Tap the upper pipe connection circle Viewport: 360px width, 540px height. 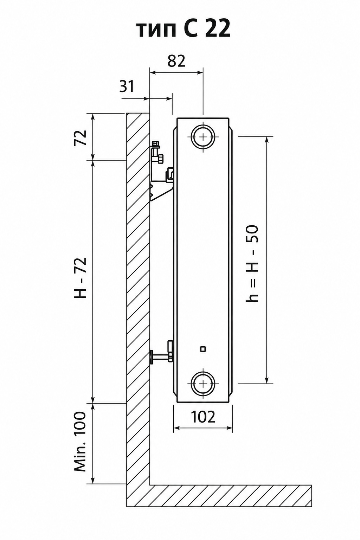point(203,137)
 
